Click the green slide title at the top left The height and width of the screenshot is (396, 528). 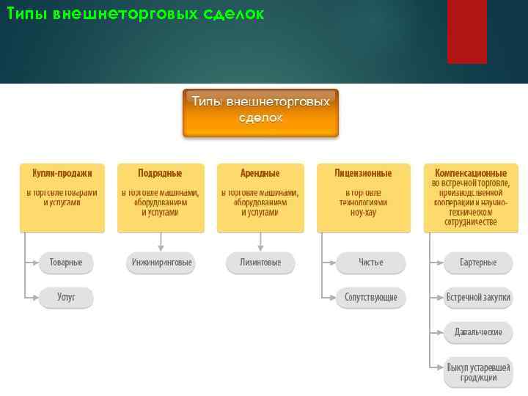click(x=135, y=14)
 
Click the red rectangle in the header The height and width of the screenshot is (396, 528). click(x=466, y=31)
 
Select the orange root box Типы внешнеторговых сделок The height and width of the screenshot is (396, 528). click(x=260, y=113)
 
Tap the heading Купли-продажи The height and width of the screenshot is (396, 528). click(x=62, y=174)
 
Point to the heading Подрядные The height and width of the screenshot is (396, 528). click(x=160, y=174)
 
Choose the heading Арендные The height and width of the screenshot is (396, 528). click(x=260, y=174)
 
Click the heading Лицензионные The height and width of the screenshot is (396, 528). click(x=363, y=174)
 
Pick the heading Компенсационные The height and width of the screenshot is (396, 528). click(x=471, y=174)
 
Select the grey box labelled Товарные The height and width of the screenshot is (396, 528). click(x=66, y=263)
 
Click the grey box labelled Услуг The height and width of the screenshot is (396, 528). click(x=66, y=298)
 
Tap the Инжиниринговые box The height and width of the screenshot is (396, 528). click(x=161, y=263)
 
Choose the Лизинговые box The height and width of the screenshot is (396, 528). click(x=260, y=263)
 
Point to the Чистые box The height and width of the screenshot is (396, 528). click(x=370, y=263)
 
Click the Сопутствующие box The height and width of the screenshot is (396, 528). click(x=370, y=298)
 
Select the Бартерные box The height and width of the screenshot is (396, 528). click(x=478, y=263)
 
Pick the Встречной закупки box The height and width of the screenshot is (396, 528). click(x=478, y=298)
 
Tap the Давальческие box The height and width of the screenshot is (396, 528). click(x=478, y=332)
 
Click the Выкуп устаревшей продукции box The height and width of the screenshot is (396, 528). click(x=478, y=372)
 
